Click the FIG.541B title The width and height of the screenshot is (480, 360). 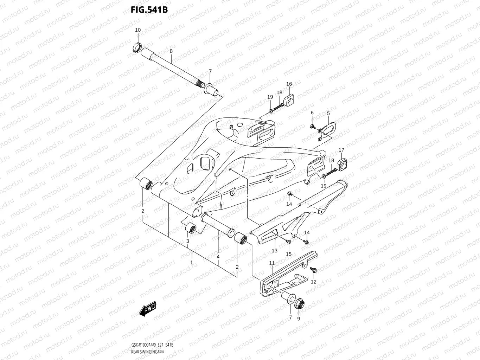click(x=149, y=9)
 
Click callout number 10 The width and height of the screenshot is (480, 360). click(x=138, y=30)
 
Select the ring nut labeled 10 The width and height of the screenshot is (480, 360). click(x=137, y=47)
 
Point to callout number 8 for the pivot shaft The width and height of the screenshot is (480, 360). click(x=171, y=51)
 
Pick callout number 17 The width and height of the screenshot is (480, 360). click(x=341, y=150)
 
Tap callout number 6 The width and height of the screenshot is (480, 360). click(x=312, y=112)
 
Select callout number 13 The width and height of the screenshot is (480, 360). click(x=274, y=251)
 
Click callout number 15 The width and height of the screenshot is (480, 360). click(x=289, y=254)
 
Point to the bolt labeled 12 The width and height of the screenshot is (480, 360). click(x=313, y=270)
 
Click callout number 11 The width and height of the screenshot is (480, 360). click(x=272, y=263)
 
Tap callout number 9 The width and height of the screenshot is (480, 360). click(x=299, y=319)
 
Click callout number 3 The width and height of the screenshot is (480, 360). click(x=187, y=241)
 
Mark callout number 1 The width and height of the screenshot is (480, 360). click(x=192, y=263)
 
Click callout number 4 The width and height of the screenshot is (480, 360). click(x=218, y=257)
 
